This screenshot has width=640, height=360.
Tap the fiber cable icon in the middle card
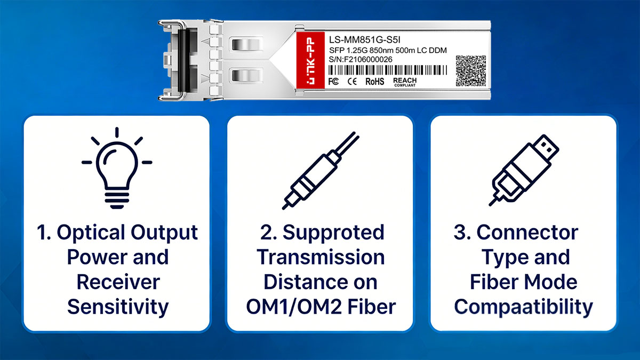pyautogui.click(x=321, y=171)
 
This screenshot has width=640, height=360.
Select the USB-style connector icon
pyautogui.click(x=524, y=170)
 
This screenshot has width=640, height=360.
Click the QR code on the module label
pyautogui.click(x=470, y=71)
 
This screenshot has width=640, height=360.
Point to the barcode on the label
pyautogui.click(x=387, y=70)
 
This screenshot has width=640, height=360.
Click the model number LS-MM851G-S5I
pyautogui.click(x=365, y=40)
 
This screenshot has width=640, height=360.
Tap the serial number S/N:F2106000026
pyautogui.click(x=361, y=59)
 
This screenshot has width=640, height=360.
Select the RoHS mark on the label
pyautogui.click(x=375, y=82)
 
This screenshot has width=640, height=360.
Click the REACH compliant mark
pyautogui.click(x=405, y=82)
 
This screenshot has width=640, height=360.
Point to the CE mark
pyautogui.click(x=352, y=82)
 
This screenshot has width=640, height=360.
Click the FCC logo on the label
pyautogui.click(x=333, y=82)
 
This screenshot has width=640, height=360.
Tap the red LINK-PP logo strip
pyautogui.click(x=310, y=60)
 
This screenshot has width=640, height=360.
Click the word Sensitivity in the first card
pyautogui.click(x=118, y=307)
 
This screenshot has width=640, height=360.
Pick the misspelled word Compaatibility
pyautogui.click(x=523, y=307)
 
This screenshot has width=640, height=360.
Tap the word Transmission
pyautogui.click(x=321, y=257)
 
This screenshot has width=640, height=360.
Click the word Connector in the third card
pyautogui.click(x=527, y=233)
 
